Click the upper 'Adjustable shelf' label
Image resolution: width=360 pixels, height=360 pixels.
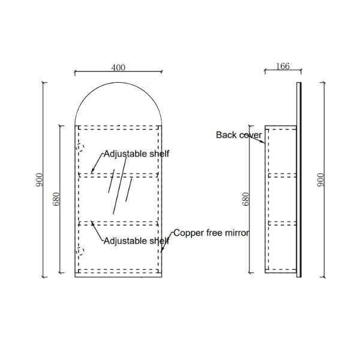click(x=136, y=154)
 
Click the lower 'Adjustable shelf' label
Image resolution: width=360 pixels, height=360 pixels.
click(x=136, y=241)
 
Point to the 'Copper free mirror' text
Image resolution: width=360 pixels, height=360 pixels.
click(x=211, y=232)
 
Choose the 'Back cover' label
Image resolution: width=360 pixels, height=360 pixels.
click(x=239, y=135)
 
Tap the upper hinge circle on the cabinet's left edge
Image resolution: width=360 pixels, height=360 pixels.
click(x=80, y=148)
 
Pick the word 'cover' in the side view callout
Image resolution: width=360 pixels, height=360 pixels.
click(x=250, y=135)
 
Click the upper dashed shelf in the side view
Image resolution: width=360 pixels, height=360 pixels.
click(x=281, y=175)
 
